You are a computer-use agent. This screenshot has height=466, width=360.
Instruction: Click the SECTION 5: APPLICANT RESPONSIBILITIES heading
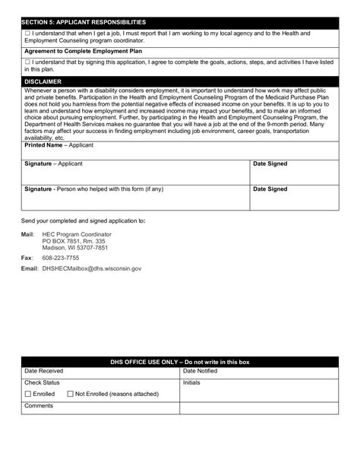tap(85, 22)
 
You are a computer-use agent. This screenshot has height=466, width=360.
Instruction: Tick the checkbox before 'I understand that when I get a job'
tap(27, 34)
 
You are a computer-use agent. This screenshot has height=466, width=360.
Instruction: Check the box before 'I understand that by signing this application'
tap(27, 62)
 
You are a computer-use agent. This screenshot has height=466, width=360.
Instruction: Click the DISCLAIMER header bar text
tap(43, 80)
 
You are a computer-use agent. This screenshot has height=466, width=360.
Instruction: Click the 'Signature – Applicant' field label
tap(53, 163)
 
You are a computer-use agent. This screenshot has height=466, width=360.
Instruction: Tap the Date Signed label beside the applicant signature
tap(270, 163)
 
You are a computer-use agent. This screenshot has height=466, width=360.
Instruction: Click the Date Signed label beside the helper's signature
tap(270, 188)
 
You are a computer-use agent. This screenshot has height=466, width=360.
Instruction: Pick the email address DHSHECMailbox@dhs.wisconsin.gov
tap(91, 268)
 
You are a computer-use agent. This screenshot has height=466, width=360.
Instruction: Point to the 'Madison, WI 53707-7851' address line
tap(74, 247)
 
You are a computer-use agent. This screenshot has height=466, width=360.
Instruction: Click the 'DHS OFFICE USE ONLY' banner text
tap(179, 362)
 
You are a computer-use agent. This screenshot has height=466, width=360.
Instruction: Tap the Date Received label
tap(44, 371)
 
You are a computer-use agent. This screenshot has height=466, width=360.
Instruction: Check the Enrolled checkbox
tap(28, 395)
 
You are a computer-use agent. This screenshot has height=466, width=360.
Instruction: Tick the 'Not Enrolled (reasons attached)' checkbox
tap(70, 395)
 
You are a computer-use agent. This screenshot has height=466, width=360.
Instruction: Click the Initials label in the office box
tap(191, 382)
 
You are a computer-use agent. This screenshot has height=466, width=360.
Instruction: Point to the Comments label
tap(39, 406)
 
